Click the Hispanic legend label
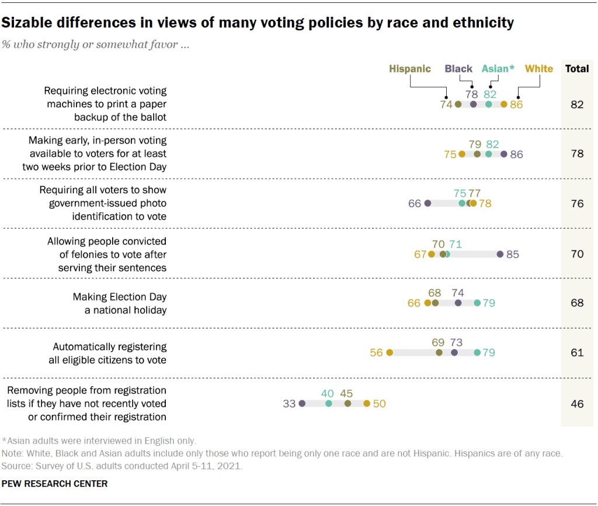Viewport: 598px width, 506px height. [x=410, y=69]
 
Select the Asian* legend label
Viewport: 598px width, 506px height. [x=498, y=69]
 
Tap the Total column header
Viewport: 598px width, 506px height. [x=577, y=69]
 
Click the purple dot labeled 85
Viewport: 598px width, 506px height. [x=500, y=254]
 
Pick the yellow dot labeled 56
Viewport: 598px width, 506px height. [x=390, y=353]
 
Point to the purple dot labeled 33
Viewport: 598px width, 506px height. [x=302, y=403]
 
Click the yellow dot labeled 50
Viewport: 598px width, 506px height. [x=367, y=403]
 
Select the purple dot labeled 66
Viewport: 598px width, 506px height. [x=427, y=204]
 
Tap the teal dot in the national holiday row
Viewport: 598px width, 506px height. [x=477, y=303]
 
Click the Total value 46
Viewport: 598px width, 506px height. [x=577, y=403]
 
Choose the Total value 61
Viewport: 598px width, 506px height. [x=577, y=353]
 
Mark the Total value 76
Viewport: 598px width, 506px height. [x=577, y=204]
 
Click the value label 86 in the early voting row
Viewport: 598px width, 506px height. [x=516, y=155]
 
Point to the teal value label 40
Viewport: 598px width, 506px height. [x=329, y=393]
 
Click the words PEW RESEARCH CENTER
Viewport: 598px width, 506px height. [x=55, y=484]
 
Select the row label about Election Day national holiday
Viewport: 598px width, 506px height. [x=120, y=303]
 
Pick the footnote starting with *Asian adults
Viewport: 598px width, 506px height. [x=99, y=441]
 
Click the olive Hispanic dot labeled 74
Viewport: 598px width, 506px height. [x=458, y=104]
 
